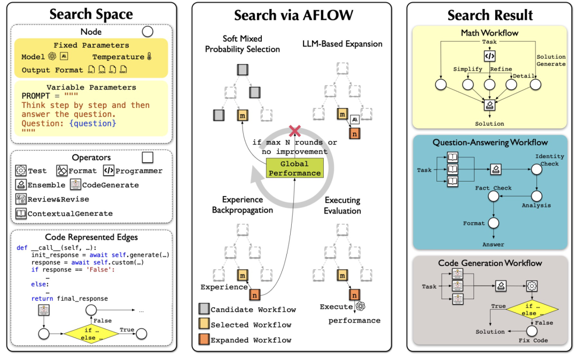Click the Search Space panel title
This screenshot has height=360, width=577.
(91, 14)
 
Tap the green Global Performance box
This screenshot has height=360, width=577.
(294, 168)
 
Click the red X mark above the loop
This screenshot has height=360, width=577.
(295, 130)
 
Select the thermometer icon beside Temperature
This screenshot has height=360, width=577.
(149, 56)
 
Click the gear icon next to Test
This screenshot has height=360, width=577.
(21, 170)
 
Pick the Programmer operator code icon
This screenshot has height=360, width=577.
(108, 170)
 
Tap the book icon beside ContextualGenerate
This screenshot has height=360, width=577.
(21, 213)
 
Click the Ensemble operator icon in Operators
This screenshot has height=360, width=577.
(21, 185)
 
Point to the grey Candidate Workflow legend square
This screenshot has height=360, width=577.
(204, 309)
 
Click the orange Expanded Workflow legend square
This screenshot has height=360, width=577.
(204, 339)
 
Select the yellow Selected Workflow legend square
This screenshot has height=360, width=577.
(204, 324)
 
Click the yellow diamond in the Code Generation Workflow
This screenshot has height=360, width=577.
(532, 309)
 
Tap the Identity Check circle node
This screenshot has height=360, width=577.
(536, 169)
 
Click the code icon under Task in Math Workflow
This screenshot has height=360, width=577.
(489, 56)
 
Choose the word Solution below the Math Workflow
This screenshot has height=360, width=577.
(489, 123)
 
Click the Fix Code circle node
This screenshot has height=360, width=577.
(532, 331)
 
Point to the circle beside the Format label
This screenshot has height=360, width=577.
(494, 223)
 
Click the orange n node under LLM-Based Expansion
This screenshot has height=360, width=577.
(354, 134)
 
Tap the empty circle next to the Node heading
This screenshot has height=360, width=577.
(147, 32)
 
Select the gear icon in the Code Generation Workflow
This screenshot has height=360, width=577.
(532, 286)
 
